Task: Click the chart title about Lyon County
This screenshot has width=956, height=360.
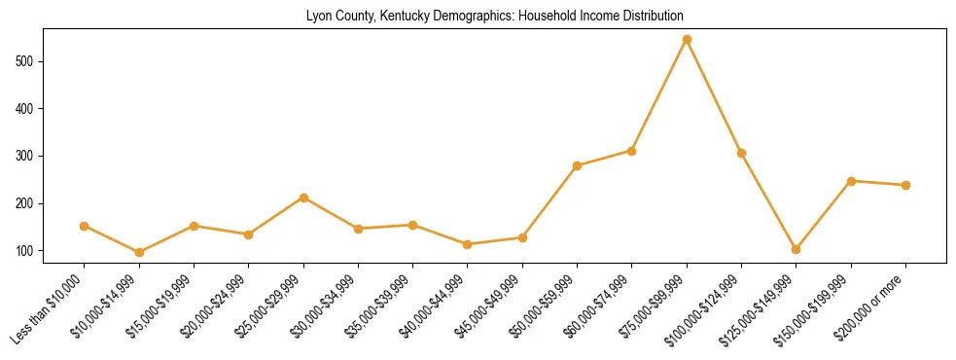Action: click(495, 17)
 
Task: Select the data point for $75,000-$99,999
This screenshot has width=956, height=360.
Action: click(687, 40)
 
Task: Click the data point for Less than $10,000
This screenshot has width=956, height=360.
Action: click(85, 226)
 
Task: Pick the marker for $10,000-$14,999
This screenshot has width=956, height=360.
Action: click(139, 252)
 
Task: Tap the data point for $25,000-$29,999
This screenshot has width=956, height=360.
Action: click(303, 198)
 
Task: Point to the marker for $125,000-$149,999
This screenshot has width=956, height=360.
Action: click(796, 249)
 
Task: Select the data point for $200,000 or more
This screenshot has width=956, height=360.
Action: click(905, 185)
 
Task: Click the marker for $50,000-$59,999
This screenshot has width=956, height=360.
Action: click(577, 165)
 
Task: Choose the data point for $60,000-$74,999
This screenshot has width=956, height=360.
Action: click(632, 151)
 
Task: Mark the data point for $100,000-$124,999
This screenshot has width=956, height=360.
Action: click(741, 153)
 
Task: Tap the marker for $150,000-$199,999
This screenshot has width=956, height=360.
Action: click(851, 181)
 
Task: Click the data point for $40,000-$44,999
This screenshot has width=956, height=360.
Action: click(468, 244)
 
